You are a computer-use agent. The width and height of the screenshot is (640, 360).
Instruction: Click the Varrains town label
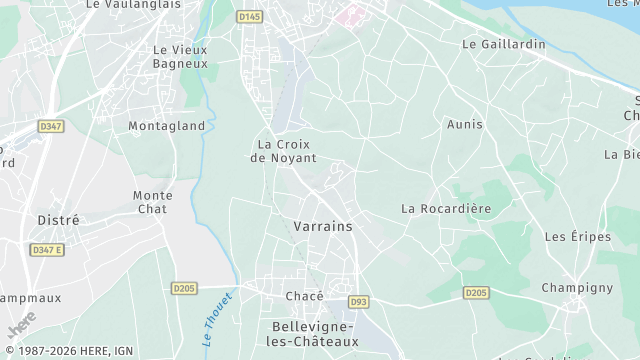click(323, 227)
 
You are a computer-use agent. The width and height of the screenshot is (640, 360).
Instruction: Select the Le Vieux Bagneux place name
click(179, 56)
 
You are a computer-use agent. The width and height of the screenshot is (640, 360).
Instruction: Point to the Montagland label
click(166, 126)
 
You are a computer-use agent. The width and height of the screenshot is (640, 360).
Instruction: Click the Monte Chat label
click(152, 202)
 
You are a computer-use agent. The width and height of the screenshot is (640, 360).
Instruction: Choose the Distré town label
click(58, 219)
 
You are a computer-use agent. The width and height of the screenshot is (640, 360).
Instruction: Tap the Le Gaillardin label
click(504, 45)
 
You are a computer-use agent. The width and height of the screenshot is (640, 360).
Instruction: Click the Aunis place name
click(466, 125)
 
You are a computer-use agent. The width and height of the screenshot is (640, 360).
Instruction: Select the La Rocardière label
click(446, 208)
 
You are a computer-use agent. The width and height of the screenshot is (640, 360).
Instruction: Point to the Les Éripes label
click(570, 237)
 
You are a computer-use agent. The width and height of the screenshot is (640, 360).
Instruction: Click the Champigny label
click(577, 288)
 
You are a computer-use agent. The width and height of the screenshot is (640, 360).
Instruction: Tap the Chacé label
click(304, 296)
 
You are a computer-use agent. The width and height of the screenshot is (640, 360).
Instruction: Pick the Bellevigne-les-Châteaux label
click(315, 334)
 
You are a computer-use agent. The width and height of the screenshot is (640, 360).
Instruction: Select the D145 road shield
click(249, 17)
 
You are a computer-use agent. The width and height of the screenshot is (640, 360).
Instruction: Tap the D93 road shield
click(357, 302)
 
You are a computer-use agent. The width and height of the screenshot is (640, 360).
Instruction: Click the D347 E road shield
click(46, 250)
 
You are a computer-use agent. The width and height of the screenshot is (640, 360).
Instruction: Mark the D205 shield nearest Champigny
click(476, 293)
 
